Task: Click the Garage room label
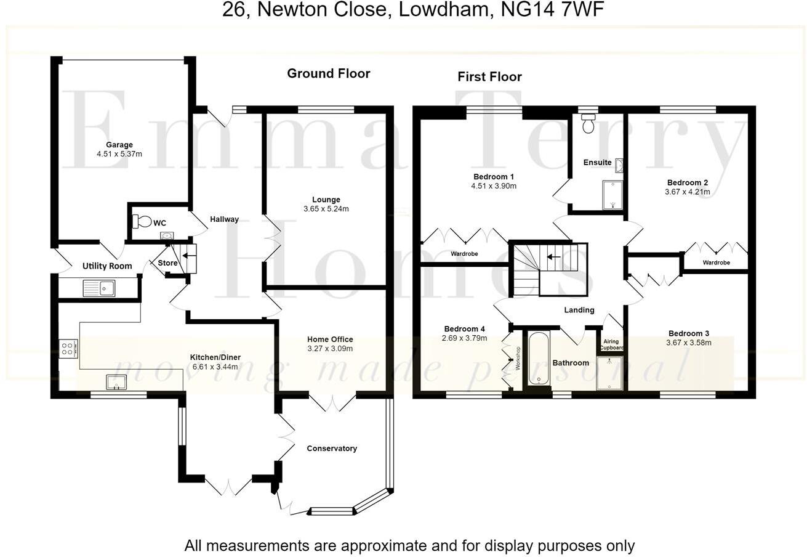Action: (119, 145)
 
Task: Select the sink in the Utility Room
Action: (99, 288)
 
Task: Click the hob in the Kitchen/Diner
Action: (68, 349)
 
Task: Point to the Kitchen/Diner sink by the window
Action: (116, 382)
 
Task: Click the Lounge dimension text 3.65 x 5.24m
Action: (326, 209)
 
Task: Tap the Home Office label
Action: (330, 339)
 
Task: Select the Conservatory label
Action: (332, 448)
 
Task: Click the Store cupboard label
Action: (167, 263)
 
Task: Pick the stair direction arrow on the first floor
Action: (554, 257)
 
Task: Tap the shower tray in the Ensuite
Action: (612, 195)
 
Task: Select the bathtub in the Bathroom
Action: (538, 359)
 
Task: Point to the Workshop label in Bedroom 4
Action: (518, 358)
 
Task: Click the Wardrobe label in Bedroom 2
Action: (716, 262)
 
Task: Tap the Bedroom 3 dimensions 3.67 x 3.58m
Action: (688, 343)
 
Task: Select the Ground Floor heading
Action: (329, 73)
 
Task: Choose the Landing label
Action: (579, 310)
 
